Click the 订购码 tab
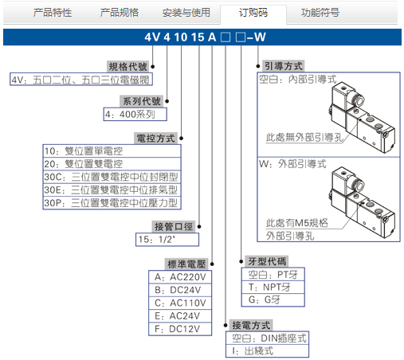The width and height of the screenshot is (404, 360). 253,13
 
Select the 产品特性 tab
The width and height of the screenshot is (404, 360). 53,13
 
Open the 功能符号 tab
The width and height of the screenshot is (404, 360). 320,13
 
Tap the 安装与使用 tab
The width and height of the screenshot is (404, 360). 186,13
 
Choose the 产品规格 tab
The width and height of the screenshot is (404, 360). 120,13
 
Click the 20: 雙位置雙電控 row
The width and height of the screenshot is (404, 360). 112,164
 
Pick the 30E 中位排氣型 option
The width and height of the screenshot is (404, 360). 112,190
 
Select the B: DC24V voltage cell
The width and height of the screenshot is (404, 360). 180,290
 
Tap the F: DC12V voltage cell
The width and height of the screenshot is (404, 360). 180,329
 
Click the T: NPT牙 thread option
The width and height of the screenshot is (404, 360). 273,287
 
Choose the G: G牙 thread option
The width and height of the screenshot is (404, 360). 273,300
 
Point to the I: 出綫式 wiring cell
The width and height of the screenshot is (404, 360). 267,351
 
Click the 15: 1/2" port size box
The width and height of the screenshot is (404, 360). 167,240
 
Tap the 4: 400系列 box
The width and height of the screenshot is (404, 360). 135,114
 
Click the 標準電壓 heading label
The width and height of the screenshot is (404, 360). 186,264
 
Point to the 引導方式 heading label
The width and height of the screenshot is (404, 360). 284,66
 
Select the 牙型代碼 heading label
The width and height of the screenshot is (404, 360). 267,261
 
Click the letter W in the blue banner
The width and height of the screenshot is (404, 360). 260,37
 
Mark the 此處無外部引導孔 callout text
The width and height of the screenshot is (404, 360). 304,137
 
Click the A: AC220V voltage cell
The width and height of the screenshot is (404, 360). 180,277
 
